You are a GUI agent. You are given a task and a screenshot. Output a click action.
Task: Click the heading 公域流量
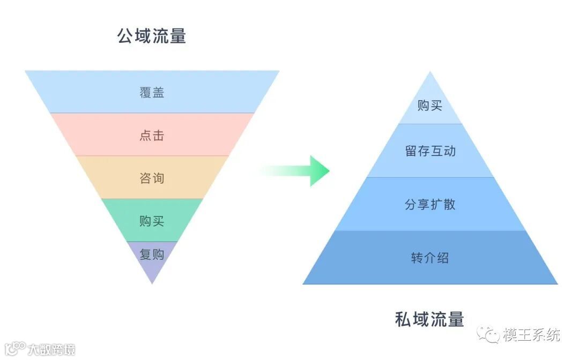point(152,36)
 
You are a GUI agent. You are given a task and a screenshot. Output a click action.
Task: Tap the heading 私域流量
point(429,319)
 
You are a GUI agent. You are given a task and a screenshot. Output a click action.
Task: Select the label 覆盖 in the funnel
point(152,92)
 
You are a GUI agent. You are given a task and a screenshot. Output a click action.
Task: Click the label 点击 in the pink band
point(152,135)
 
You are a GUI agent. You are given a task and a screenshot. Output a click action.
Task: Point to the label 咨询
point(152,178)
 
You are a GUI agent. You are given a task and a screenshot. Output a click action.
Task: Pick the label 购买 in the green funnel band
point(152,221)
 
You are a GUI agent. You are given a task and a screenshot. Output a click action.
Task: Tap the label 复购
point(152,254)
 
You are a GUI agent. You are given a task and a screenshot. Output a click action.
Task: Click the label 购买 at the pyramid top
point(430,106)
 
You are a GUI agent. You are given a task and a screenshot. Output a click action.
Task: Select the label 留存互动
point(430,151)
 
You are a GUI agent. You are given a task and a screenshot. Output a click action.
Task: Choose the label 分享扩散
point(430,204)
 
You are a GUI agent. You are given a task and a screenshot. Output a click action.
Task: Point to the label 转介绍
point(430,258)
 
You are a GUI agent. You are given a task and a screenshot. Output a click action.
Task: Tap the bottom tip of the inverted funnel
point(152,282)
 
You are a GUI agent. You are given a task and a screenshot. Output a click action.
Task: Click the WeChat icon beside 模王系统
point(489,335)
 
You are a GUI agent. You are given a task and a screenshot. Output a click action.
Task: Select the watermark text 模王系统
point(531,335)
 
